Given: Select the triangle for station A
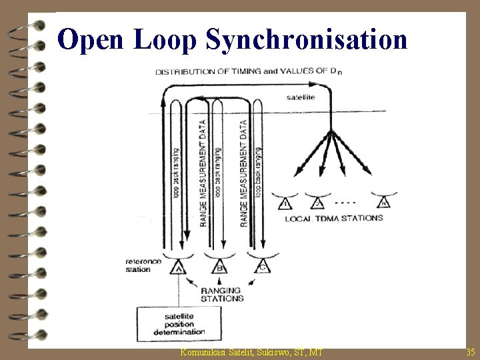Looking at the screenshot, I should [x=178, y=268].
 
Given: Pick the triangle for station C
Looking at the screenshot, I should [x=262, y=268].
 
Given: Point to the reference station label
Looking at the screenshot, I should [x=143, y=265].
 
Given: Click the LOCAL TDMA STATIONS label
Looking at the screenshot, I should [x=334, y=218].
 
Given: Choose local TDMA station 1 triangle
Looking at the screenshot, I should [x=286, y=203].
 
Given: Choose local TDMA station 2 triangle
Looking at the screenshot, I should [x=318, y=203].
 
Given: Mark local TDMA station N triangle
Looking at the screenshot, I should [x=383, y=203].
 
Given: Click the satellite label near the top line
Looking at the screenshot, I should [x=301, y=97].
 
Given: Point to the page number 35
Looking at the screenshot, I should [x=471, y=351].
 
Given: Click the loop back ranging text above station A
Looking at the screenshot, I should [x=176, y=173].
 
